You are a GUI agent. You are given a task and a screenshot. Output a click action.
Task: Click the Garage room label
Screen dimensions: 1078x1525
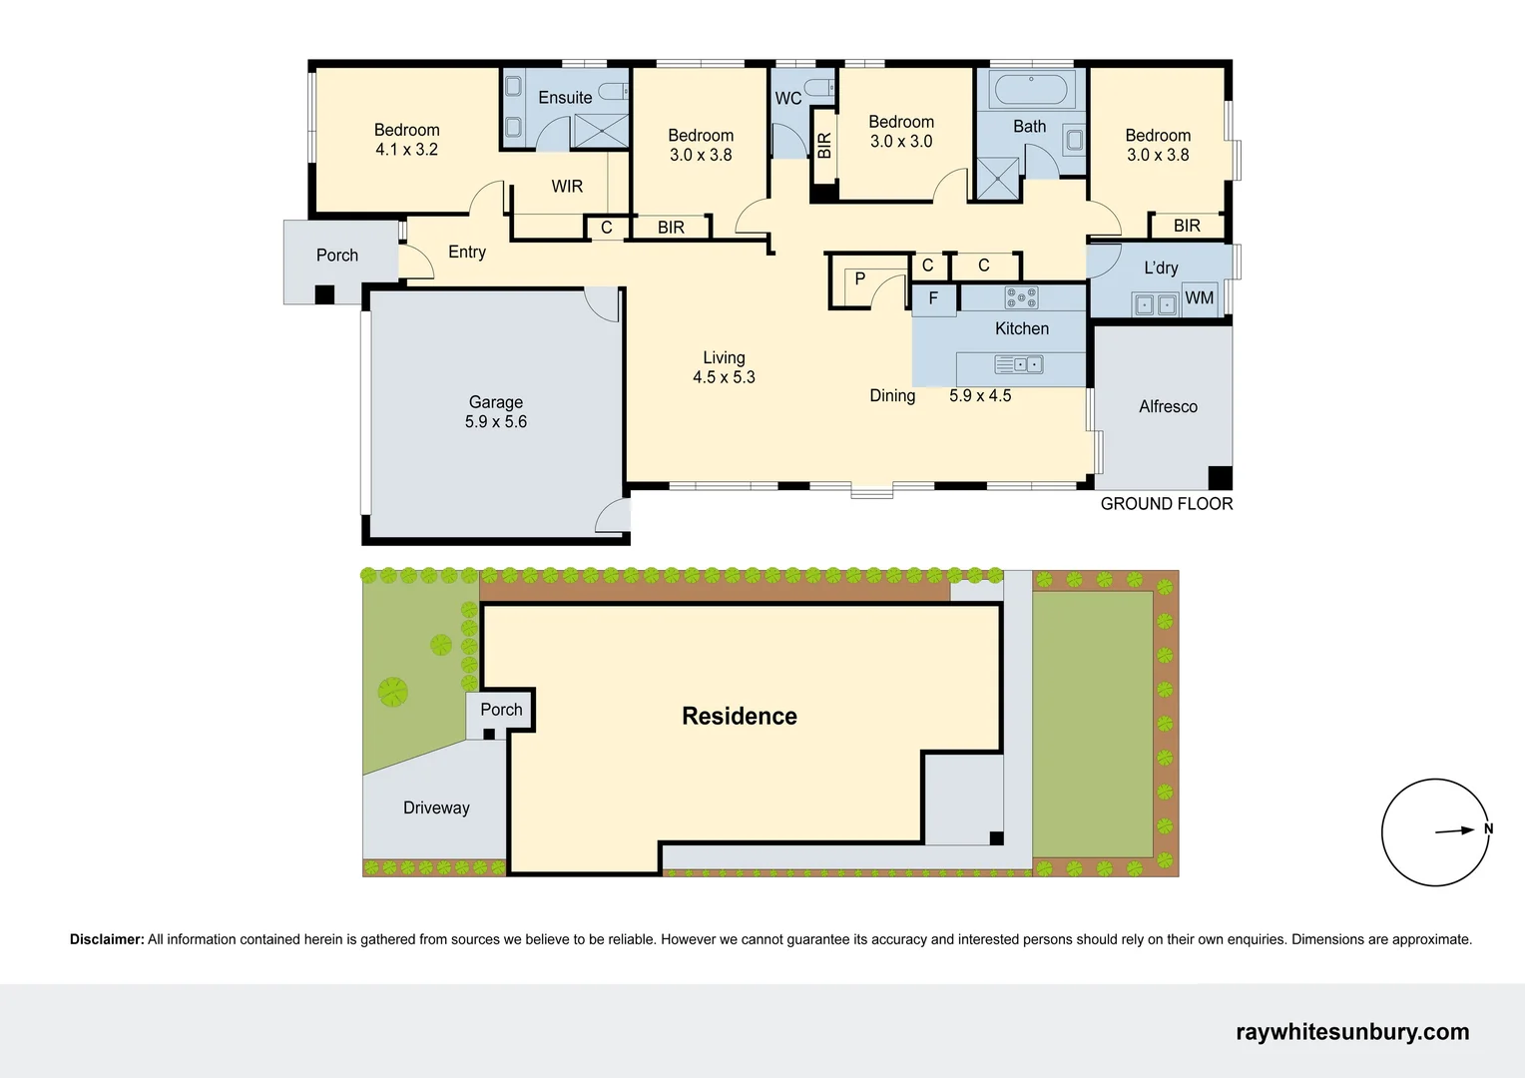(496, 402)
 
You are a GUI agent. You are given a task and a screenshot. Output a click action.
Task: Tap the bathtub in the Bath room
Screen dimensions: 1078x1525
(1031, 91)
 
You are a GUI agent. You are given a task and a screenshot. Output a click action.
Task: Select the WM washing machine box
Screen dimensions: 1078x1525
(1200, 297)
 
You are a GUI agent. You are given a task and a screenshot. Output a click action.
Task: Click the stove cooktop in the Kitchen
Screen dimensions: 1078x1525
(1021, 296)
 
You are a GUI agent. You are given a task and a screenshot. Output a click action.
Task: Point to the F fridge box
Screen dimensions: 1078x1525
(933, 298)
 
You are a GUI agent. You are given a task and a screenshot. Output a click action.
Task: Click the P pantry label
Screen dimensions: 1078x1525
(859, 279)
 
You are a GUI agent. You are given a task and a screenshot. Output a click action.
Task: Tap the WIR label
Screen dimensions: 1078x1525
(567, 187)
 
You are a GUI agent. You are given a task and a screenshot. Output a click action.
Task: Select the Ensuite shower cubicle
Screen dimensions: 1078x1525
(600, 131)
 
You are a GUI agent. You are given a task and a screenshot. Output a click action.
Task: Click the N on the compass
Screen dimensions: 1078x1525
(1488, 828)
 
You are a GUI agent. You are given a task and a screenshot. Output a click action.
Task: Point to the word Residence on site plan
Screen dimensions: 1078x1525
(739, 716)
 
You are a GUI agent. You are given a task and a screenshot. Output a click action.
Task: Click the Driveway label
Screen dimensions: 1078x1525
(436, 808)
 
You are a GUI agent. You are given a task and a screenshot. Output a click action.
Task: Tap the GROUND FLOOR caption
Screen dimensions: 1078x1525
(1166, 504)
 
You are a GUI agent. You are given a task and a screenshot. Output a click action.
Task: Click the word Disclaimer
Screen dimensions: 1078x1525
(107, 939)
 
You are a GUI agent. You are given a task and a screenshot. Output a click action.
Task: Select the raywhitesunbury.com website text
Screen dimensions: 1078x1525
(1351, 1032)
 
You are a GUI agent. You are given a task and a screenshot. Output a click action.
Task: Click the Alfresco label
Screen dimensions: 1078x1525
(1168, 406)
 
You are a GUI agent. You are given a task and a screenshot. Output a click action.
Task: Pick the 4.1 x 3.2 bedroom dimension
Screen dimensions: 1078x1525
(406, 150)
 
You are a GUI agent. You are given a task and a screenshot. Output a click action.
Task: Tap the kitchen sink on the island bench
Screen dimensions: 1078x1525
(1019, 365)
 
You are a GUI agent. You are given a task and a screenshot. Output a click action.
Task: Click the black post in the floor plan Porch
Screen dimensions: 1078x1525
(324, 294)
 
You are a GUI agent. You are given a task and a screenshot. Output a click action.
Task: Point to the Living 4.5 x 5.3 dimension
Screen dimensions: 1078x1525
(724, 377)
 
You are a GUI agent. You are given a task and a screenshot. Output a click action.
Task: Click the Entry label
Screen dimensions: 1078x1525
(467, 253)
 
